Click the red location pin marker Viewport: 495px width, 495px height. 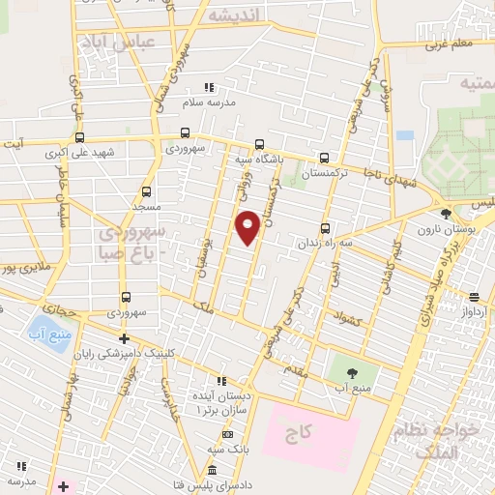click(248, 226)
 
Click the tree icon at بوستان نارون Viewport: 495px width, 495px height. click(446, 214)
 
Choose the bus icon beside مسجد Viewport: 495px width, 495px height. click(146, 191)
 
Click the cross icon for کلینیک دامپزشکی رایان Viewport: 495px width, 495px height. click(124, 337)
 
